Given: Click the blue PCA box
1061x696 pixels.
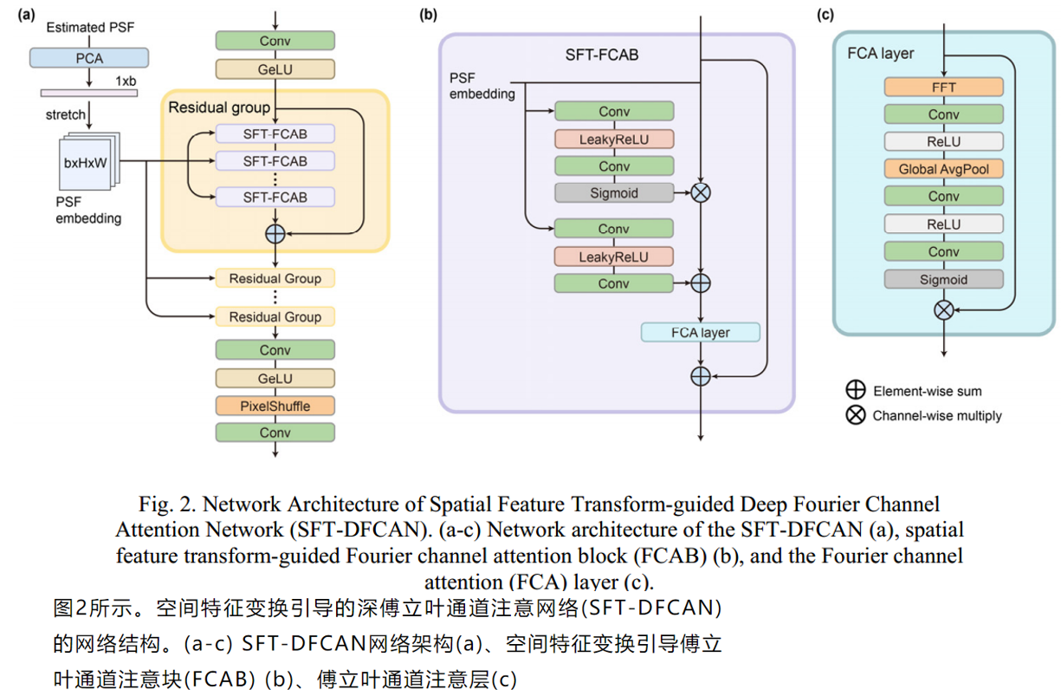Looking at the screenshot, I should pyautogui.click(x=89, y=58).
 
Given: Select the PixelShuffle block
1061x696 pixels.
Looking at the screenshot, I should pyautogui.click(x=275, y=406).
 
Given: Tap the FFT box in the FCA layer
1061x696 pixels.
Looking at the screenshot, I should pyautogui.click(x=943, y=88).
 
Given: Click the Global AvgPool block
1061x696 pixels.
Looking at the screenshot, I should pyautogui.click(x=943, y=169).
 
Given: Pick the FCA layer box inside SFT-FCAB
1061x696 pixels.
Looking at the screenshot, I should pyautogui.click(x=700, y=333).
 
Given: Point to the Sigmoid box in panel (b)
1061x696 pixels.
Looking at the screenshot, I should pyautogui.click(x=614, y=193).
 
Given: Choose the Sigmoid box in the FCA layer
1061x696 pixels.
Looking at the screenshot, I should pyautogui.click(x=943, y=279).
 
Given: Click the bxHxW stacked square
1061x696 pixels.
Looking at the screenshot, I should pyautogui.click(x=88, y=162).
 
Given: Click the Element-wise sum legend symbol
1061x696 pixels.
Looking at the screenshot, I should pyautogui.click(x=856, y=391).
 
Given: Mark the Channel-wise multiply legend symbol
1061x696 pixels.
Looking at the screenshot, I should pyautogui.click(x=856, y=415).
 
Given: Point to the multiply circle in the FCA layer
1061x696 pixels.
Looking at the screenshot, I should pyautogui.click(x=943, y=309).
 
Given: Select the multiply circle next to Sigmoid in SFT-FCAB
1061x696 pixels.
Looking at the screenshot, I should pyautogui.click(x=700, y=193).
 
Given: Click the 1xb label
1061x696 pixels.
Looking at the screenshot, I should pyautogui.click(x=126, y=80).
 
